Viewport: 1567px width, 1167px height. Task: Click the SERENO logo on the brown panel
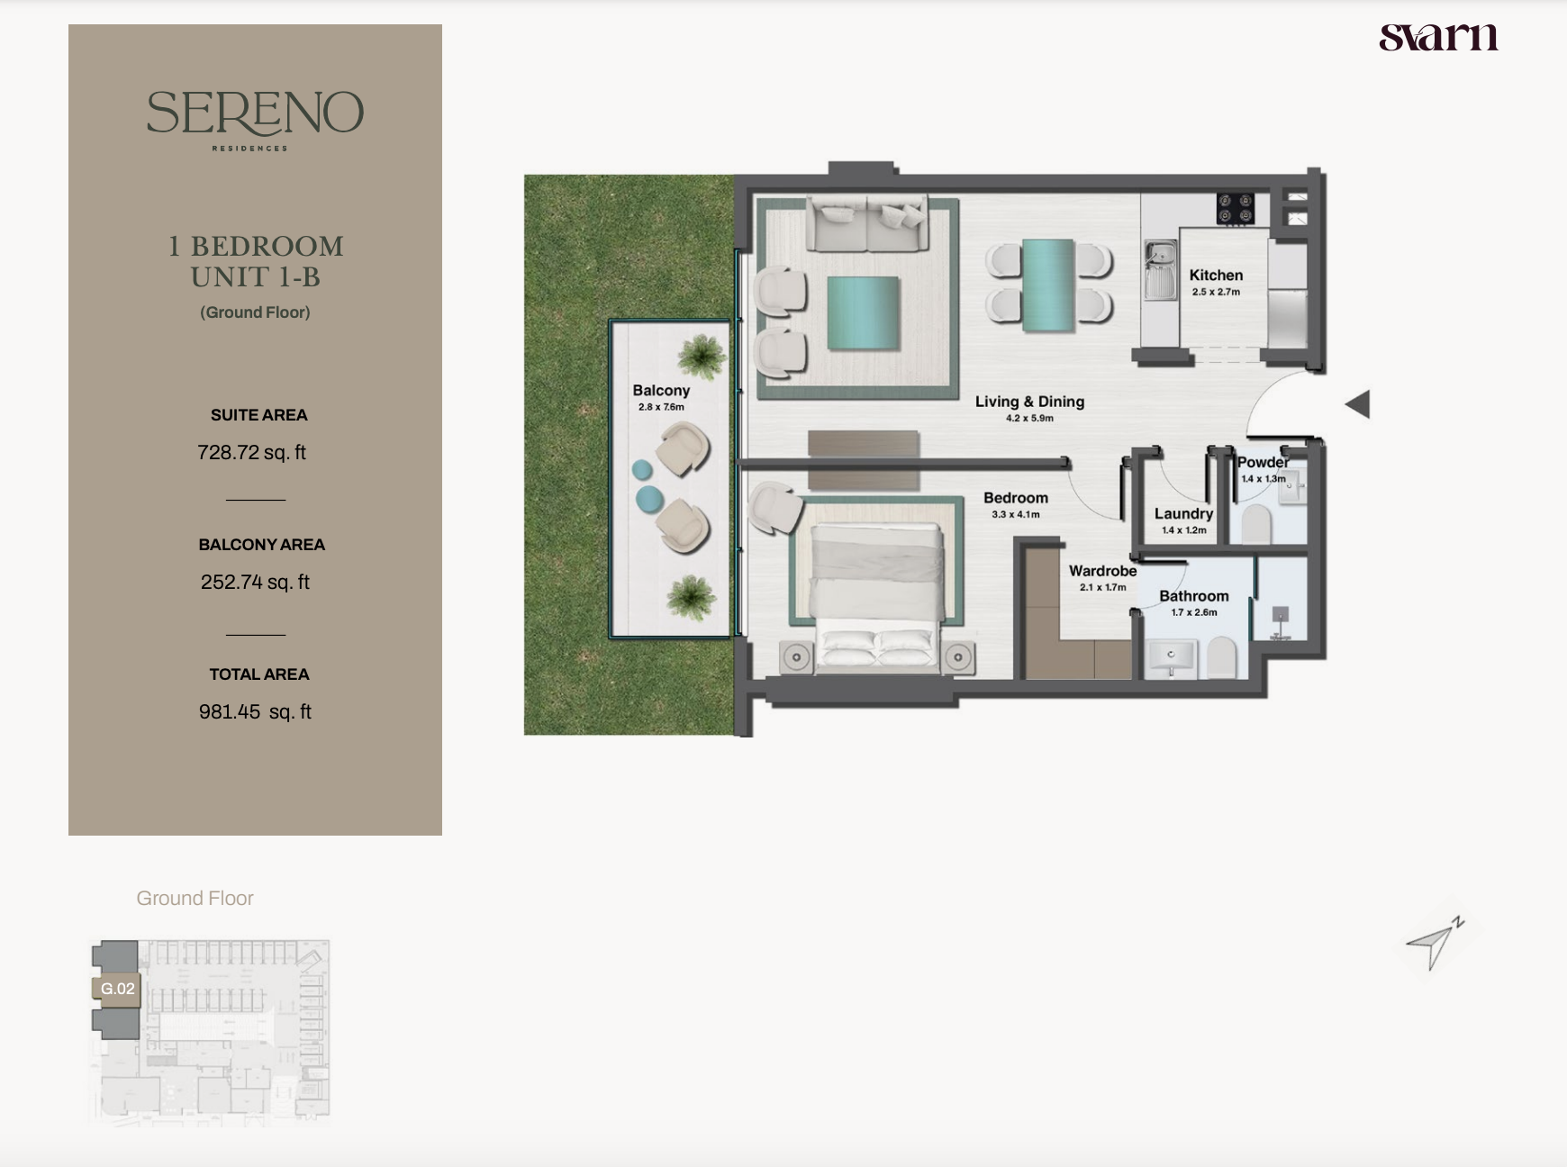pyautogui.click(x=255, y=120)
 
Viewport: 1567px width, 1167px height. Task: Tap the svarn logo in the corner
pyautogui.click(x=1438, y=37)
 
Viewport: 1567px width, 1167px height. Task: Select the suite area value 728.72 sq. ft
pyautogui.click(x=252, y=452)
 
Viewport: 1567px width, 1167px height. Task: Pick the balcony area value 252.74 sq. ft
pyautogui.click(x=255, y=582)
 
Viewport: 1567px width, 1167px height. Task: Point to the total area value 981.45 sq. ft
pyautogui.click(x=255, y=711)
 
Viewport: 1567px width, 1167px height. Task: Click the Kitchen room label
pyautogui.click(x=1216, y=276)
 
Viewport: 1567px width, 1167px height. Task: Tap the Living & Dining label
pyautogui.click(x=1029, y=402)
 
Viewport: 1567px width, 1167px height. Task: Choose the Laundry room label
pyautogui.click(x=1183, y=513)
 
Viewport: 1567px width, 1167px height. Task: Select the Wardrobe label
pyautogui.click(x=1102, y=571)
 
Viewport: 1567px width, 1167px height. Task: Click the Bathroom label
pyautogui.click(x=1193, y=596)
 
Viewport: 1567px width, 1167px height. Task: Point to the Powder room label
pyautogui.click(x=1263, y=462)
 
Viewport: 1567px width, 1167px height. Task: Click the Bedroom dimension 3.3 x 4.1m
pyautogui.click(x=1016, y=515)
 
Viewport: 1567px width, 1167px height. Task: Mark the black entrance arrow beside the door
pyautogui.click(x=1357, y=404)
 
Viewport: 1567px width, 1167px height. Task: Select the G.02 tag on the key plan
pyautogui.click(x=117, y=989)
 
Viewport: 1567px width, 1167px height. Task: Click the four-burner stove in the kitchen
pyautogui.click(x=1235, y=208)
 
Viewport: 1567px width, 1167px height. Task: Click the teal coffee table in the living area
pyautogui.click(x=864, y=312)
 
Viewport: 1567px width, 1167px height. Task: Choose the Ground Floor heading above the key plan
pyautogui.click(x=195, y=899)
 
